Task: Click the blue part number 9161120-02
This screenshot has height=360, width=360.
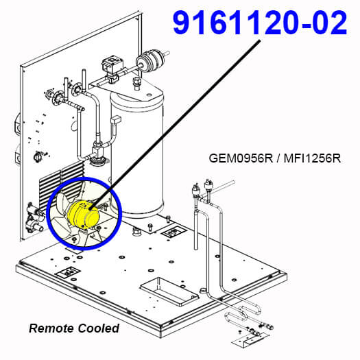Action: tap(260, 23)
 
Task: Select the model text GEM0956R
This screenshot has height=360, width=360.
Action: tap(241, 158)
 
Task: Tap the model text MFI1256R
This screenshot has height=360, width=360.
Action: tap(312, 158)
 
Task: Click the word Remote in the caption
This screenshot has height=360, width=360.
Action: tap(51, 328)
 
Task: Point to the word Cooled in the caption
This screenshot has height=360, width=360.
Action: tap(98, 328)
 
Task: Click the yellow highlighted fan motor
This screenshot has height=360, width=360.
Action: tap(84, 215)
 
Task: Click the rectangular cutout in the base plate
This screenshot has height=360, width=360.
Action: tap(169, 291)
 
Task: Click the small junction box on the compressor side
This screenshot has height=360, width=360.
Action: tap(116, 120)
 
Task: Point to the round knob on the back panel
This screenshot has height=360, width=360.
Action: tap(38, 157)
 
